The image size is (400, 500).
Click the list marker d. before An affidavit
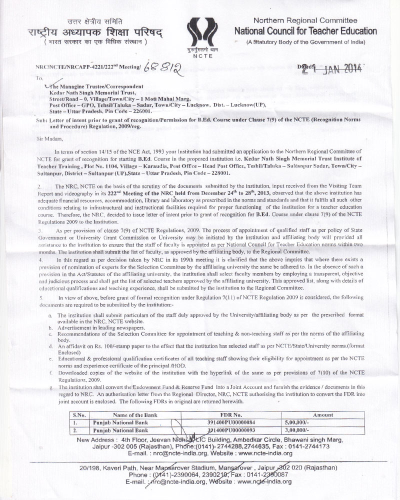click(50, 345)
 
